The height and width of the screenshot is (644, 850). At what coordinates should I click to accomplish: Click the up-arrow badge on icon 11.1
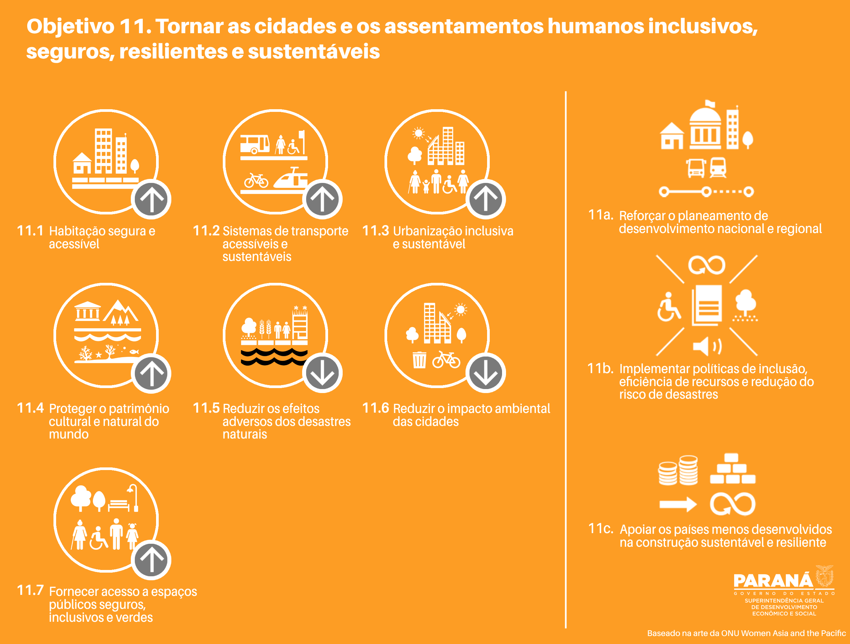(151, 199)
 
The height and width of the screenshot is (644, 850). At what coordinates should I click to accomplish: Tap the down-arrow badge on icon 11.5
(322, 373)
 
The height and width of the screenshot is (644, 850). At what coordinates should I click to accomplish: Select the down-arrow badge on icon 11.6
(485, 373)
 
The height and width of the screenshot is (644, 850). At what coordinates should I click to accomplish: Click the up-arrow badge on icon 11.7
(151, 559)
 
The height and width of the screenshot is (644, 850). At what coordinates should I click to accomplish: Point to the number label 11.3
(376, 231)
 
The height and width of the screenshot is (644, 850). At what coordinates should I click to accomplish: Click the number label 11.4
(30, 408)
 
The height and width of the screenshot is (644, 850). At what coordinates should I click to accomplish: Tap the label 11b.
(600, 368)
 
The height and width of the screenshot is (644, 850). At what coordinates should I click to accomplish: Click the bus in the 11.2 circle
(255, 144)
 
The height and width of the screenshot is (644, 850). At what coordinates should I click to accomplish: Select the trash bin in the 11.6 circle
(419, 360)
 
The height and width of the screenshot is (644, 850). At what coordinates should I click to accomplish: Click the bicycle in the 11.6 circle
(446, 360)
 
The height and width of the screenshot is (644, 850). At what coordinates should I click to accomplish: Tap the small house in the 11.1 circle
(82, 163)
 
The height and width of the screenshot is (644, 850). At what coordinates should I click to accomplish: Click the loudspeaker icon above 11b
(707, 346)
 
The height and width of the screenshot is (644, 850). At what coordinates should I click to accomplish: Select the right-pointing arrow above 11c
(678, 504)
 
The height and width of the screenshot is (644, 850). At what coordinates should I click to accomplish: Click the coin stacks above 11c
(678, 470)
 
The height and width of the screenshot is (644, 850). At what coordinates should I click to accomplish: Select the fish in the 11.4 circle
(134, 351)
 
